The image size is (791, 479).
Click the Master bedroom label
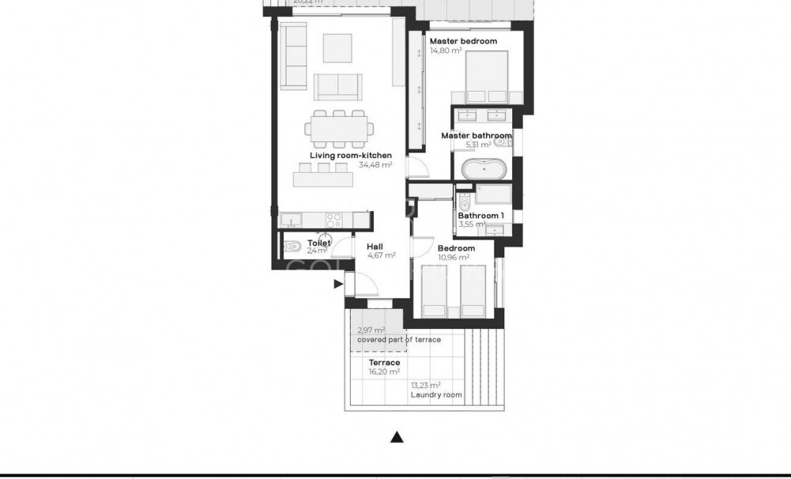[x=463, y=41]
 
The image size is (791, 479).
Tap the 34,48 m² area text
[x=375, y=166]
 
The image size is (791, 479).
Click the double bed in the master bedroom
[x=485, y=77]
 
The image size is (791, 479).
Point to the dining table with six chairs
[x=339, y=128]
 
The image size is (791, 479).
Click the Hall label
[x=375, y=247]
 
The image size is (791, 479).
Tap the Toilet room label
[x=318, y=243]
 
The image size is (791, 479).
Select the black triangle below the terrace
[x=398, y=436]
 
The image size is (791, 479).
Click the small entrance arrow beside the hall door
[x=338, y=283]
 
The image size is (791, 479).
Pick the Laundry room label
[x=436, y=394]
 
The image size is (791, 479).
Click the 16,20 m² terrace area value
[x=384, y=372]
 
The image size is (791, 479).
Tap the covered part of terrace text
[x=398, y=339]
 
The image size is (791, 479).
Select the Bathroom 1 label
[x=480, y=215]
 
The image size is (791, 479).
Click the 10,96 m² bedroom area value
[x=454, y=258]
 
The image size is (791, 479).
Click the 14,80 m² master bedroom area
[x=446, y=51]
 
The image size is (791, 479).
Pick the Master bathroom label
[x=476, y=136]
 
